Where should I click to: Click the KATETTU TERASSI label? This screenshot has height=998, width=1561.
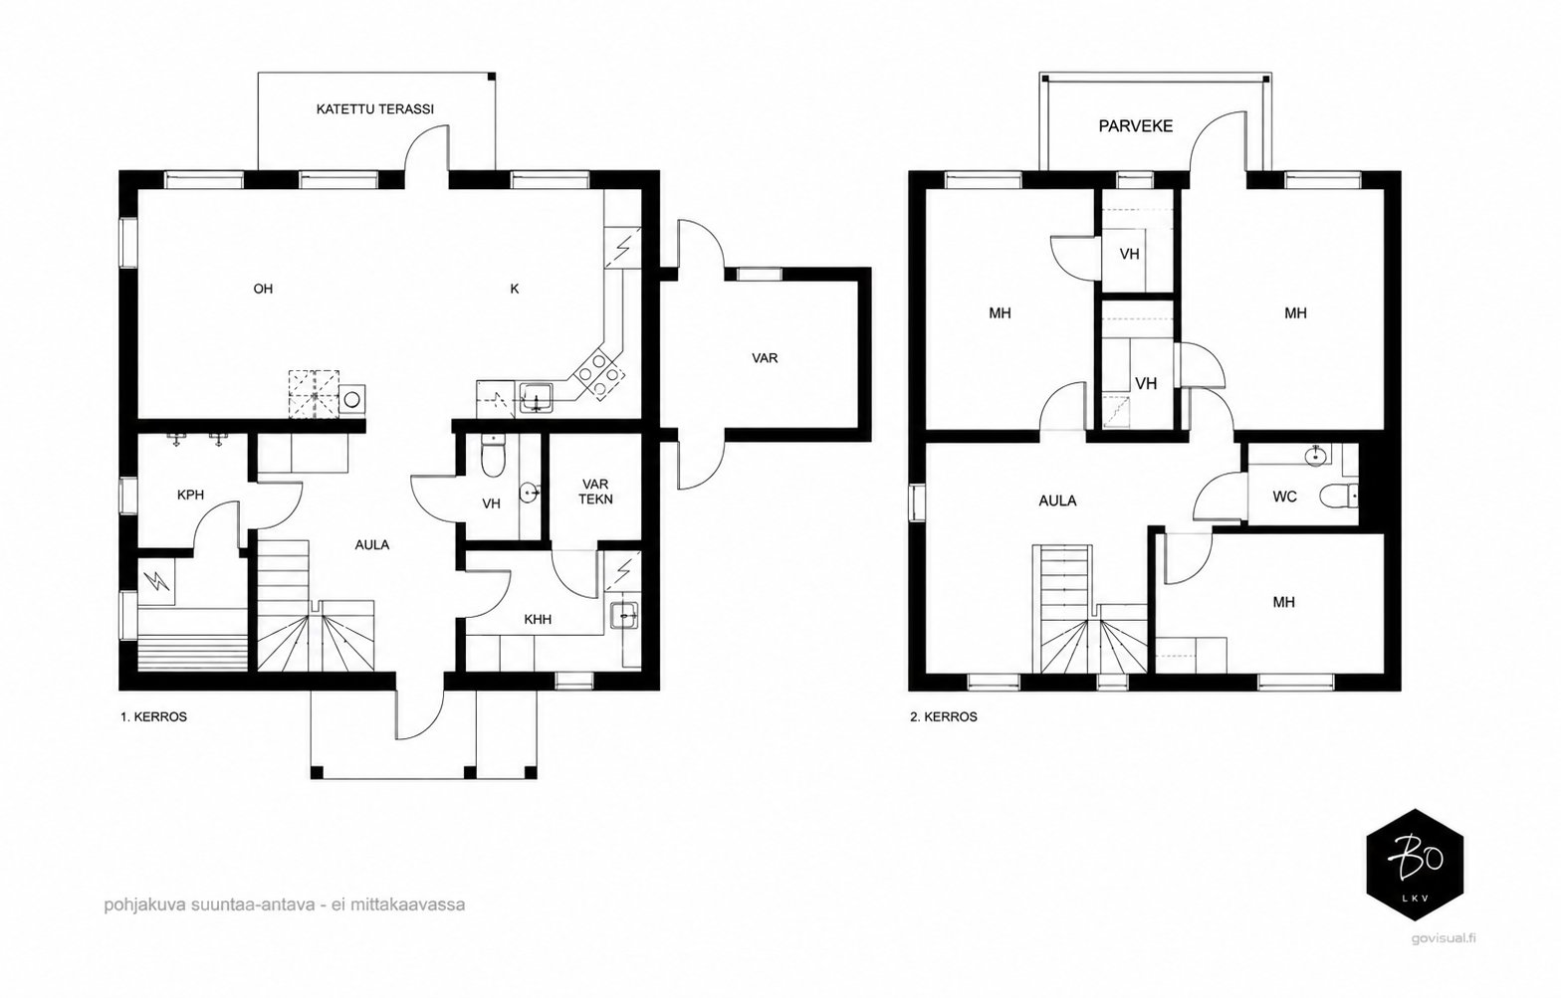[375, 109]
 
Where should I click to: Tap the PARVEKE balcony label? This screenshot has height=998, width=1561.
[1135, 126]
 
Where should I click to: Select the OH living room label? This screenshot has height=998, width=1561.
[263, 289]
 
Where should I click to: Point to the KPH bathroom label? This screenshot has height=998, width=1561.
[190, 495]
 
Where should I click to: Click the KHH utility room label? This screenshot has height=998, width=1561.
[538, 619]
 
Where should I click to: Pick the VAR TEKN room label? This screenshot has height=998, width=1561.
[595, 491]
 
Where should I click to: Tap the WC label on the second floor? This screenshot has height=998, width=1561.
[1284, 497]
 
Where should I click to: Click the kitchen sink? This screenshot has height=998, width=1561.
[537, 398]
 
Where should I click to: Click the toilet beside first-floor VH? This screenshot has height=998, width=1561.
[493, 457]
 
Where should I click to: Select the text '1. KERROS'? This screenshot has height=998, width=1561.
[154, 716]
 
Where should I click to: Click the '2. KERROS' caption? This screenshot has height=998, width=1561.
[944, 716]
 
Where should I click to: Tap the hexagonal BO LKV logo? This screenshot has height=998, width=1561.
[1415, 865]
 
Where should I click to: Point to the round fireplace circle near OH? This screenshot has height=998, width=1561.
[352, 400]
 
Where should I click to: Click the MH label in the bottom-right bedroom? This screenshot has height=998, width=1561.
[1283, 602]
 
